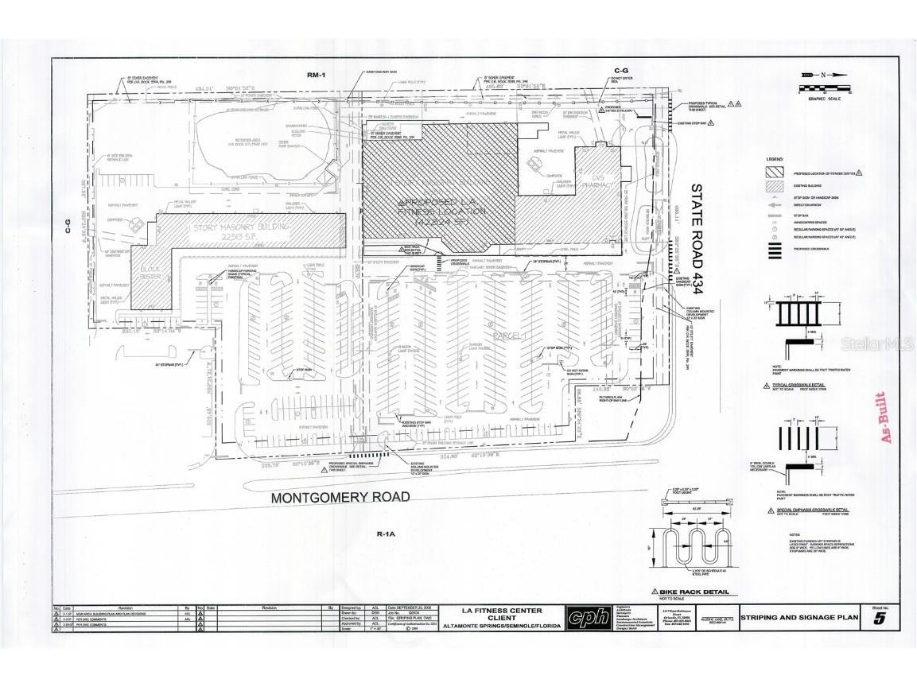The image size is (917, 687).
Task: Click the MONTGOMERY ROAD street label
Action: tap(340, 498)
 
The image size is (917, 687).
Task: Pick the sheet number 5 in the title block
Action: tap(877, 620)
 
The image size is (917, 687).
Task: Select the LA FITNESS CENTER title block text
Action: tap(502, 611)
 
